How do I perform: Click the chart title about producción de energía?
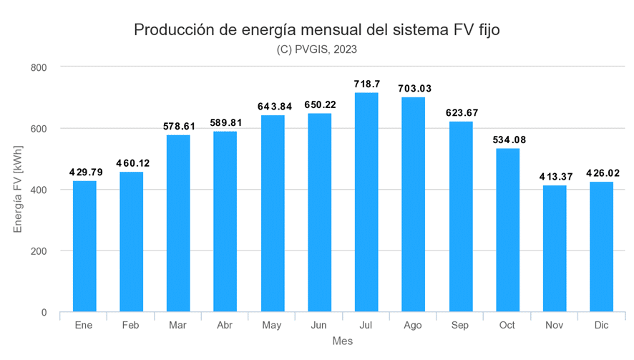coord(316,30)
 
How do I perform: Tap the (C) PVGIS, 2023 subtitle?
coord(316,49)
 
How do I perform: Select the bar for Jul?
coord(366,203)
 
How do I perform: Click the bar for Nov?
coord(554,249)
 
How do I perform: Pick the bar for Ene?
coord(84,246)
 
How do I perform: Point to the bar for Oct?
coord(507,230)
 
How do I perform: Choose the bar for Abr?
coord(225,222)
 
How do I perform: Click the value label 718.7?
coord(366,84)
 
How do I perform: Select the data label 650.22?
coord(319,105)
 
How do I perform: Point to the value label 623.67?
coord(460,113)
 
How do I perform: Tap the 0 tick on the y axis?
coord(44,313)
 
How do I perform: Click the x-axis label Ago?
coord(413,326)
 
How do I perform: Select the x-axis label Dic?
coord(601,326)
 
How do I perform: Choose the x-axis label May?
coord(272,326)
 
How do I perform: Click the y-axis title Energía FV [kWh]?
coord(19,190)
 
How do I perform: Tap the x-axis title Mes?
coord(342,342)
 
